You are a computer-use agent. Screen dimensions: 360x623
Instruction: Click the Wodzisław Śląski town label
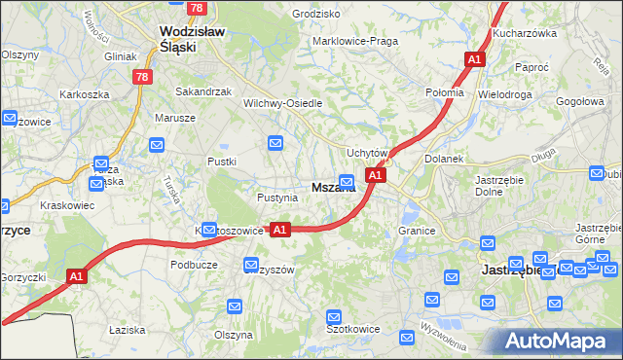pyautogui.click(x=192, y=38)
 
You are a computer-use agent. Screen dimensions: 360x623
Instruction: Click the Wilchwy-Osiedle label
pyautogui.click(x=282, y=103)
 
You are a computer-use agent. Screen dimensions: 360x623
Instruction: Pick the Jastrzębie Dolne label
pyautogui.click(x=500, y=186)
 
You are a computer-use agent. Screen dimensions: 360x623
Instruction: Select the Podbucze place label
pyautogui.click(x=193, y=265)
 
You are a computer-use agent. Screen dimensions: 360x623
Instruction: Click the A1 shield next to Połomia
pyautogui.click(x=474, y=60)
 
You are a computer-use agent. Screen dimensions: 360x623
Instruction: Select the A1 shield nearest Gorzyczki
pyautogui.click(x=78, y=277)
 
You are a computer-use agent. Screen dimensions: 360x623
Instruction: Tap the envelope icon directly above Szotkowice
pyautogui.click(x=334, y=316)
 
